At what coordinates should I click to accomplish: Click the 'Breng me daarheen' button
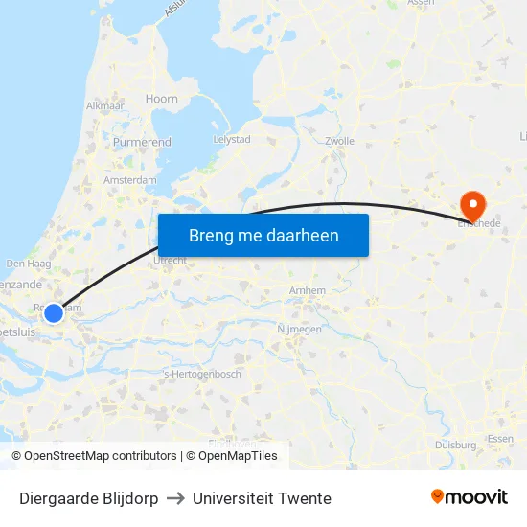tap(263, 235)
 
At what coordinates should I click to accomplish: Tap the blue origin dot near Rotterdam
tap(54, 313)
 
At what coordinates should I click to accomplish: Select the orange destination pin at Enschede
tap(472, 204)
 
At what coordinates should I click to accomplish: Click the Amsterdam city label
tap(130, 179)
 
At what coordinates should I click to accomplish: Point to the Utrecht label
tap(169, 260)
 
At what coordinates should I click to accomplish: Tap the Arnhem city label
tap(308, 290)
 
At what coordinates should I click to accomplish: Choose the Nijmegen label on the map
tap(299, 329)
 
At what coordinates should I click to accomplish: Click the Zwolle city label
tap(340, 141)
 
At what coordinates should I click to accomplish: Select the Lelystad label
tap(230, 139)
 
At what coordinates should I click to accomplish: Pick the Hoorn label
tap(161, 99)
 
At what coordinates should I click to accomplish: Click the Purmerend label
tap(143, 142)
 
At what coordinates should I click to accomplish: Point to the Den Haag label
tap(28, 263)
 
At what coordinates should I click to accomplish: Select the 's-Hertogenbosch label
tap(203, 374)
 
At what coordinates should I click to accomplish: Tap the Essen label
tap(500, 438)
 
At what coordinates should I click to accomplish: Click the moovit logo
tap(470, 497)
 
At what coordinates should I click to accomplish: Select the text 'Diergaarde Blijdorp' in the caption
tap(89, 498)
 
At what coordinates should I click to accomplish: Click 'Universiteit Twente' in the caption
tap(262, 498)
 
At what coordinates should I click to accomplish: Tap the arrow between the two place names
tap(175, 498)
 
